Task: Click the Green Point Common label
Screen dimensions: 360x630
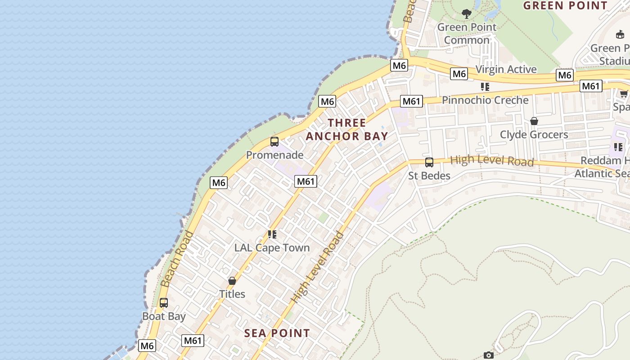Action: (x=467, y=34)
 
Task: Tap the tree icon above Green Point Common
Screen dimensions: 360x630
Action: (x=467, y=14)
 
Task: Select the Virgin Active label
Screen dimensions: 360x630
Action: (x=506, y=69)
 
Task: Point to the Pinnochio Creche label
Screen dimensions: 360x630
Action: (x=485, y=100)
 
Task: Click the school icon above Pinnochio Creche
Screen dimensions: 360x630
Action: (x=485, y=86)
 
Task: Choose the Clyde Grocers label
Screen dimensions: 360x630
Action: (x=534, y=135)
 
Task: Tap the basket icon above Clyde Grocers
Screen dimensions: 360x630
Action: (x=534, y=121)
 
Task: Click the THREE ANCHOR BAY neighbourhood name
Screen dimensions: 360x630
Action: (x=346, y=129)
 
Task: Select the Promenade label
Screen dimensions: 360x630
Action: (x=274, y=155)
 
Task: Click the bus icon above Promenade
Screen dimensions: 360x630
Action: (x=274, y=142)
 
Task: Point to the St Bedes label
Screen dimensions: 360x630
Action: (x=429, y=175)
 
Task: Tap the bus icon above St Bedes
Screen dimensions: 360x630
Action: (x=429, y=162)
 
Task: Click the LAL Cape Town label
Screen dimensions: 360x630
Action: (x=272, y=248)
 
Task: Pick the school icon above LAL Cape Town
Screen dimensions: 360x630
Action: (x=272, y=234)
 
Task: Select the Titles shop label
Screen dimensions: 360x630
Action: (x=232, y=294)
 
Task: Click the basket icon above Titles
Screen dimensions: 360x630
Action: (x=232, y=281)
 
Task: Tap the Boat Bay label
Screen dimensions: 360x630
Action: (x=164, y=316)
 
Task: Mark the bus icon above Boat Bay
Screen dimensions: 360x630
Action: (x=164, y=303)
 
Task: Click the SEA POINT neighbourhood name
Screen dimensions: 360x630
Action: (x=277, y=333)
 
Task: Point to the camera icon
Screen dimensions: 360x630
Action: (x=488, y=355)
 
